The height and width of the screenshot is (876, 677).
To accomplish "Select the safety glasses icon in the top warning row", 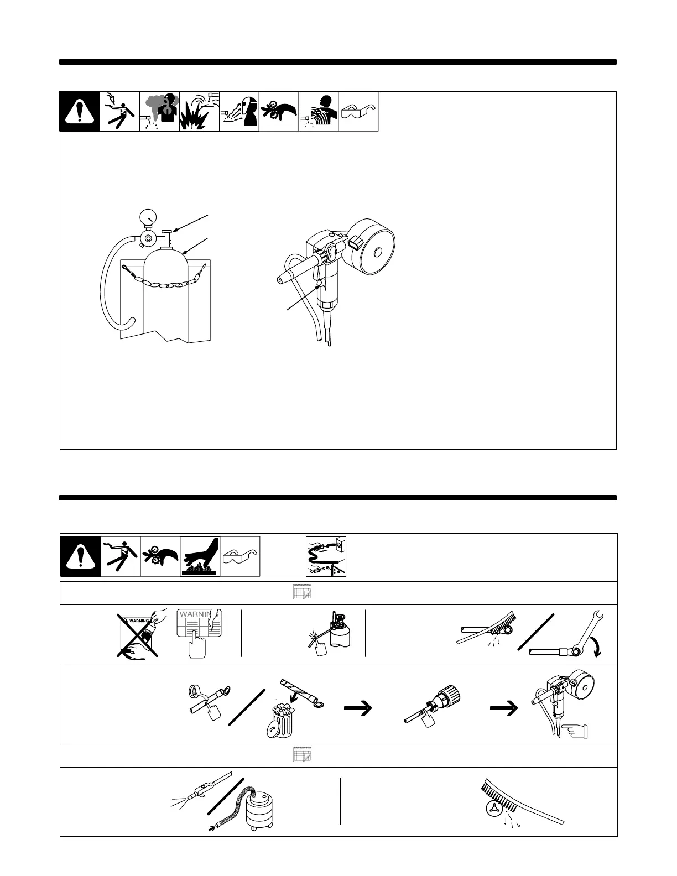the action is tap(358, 112).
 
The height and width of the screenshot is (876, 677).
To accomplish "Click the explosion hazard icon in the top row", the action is tap(199, 112).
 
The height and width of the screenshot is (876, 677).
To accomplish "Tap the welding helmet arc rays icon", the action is tap(239, 112).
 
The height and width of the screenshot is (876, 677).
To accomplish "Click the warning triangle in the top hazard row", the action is tap(80, 112).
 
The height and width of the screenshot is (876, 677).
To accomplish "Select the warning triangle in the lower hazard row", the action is tap(80, 556).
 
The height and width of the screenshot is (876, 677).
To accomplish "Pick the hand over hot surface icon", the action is tap(200, 556).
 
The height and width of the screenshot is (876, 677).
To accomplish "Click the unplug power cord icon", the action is tap(326, 556).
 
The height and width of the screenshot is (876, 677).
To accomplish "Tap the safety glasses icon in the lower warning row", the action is tap(240, 556).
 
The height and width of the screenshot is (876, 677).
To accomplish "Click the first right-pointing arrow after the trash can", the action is tap(357, 708).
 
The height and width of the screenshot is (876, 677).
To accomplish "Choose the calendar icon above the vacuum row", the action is tap(302, 755).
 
